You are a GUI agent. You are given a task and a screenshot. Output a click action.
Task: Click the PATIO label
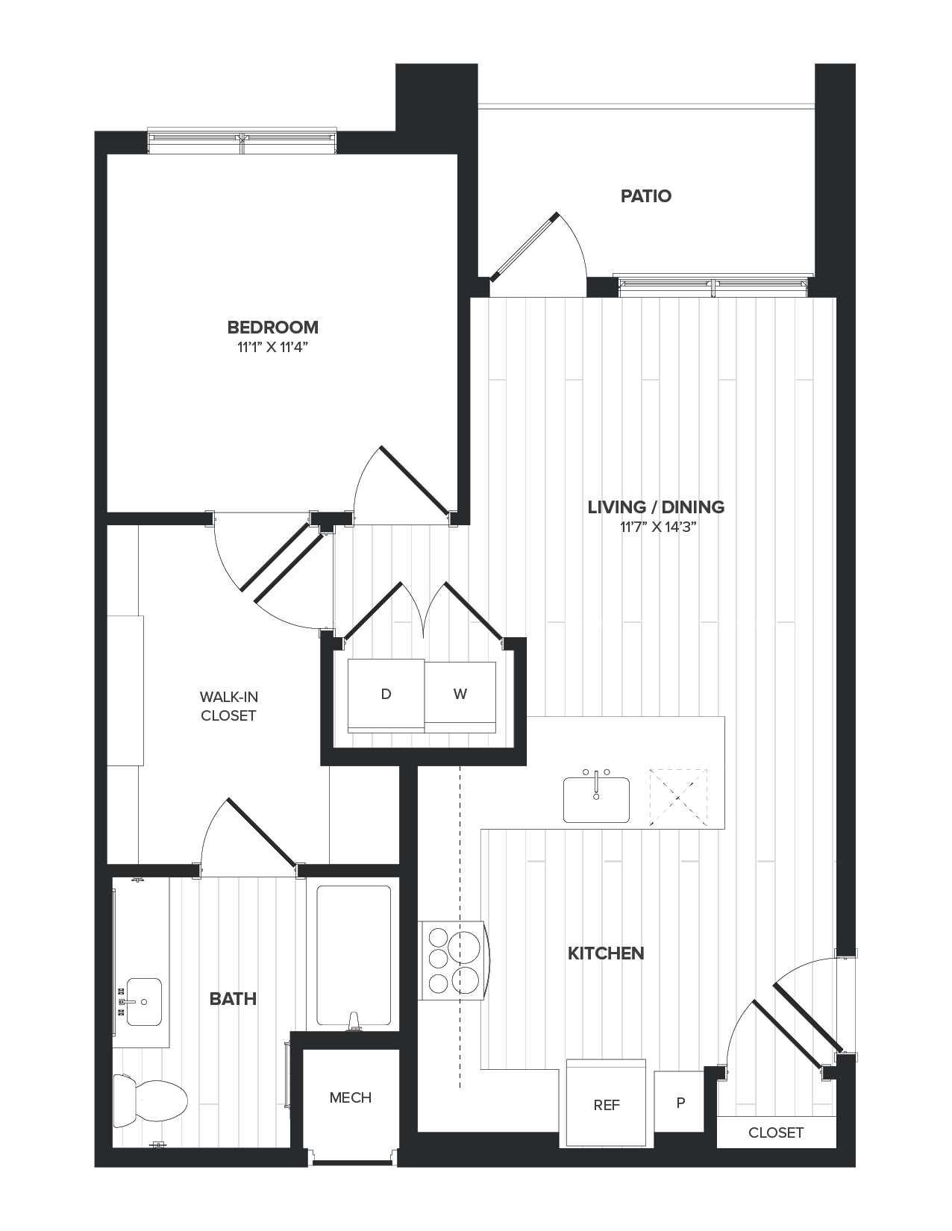[646, 196]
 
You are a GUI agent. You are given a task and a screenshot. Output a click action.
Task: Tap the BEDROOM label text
[273, 328]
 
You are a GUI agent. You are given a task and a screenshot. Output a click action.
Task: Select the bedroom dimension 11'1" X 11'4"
[273, 347]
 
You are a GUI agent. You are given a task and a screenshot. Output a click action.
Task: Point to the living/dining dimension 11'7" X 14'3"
[657, 527]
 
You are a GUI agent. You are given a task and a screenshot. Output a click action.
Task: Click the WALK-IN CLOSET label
[228, 706]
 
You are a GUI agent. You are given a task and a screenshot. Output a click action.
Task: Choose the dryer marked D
[386, 695]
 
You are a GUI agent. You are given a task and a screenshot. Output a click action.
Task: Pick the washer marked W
[460, 695]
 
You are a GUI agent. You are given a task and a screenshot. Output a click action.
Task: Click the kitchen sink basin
[596, 801]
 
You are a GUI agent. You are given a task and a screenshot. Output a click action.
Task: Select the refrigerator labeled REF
[607, 1105]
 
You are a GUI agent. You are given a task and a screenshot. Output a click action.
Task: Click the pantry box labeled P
[680, 1102]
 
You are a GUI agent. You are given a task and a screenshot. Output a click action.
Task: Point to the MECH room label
[351, 1097]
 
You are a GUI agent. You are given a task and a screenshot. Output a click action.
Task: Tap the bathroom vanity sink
[143, 1001]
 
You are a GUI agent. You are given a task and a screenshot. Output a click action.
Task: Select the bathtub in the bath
[354, 955]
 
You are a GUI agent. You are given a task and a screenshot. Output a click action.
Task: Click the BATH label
[233, 999]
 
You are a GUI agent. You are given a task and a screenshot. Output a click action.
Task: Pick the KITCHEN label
[606, 953]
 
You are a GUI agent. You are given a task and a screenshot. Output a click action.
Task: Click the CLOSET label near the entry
[776, 1133]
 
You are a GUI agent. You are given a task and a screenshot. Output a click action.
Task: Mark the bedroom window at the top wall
[242, 140]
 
